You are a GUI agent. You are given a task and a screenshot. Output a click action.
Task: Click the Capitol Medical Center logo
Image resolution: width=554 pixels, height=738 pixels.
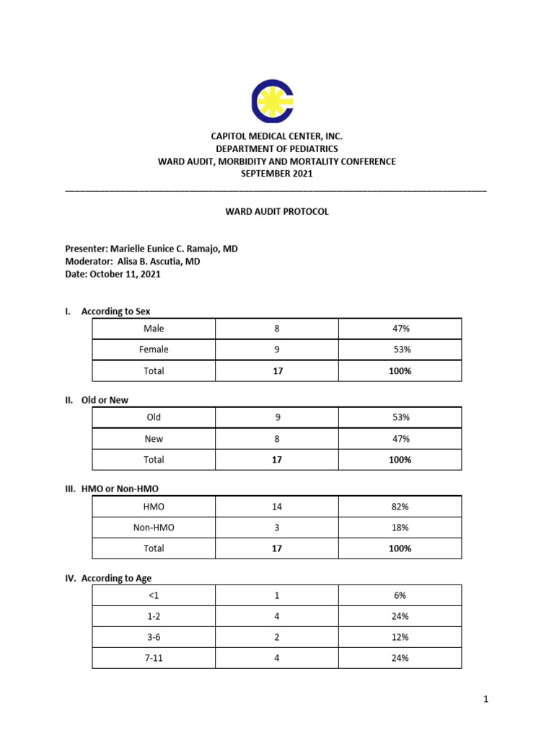tap(271, 101)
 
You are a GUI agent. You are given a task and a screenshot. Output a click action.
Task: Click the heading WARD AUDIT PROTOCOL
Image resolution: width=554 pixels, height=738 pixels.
tap(276, 212)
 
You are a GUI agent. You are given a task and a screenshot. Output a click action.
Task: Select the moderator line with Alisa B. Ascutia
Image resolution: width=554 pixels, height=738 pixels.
tap(133, 262)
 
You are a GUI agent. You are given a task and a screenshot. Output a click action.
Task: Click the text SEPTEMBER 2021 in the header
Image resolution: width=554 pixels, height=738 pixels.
tap(276, 174)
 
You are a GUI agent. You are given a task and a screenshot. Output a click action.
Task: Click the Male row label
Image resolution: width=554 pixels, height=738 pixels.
tap(154, 329)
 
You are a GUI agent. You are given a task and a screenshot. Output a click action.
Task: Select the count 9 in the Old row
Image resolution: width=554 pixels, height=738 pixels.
tap(276, 417)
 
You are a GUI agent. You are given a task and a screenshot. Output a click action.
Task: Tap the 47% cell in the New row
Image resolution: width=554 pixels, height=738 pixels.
tap(401, 439)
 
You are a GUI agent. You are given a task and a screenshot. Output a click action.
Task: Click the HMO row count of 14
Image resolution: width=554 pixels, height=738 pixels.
tap(276, 507)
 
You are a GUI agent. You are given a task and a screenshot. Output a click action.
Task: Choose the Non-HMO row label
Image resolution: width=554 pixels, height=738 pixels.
tap(154, 528)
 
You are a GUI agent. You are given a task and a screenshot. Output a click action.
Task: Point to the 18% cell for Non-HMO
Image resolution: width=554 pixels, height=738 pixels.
tap(401, 528)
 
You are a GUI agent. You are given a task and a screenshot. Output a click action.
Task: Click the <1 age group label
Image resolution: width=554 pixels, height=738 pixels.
tap(154, 595)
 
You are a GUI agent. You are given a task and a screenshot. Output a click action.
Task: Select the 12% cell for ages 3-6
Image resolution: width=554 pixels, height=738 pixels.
tap(401, 637)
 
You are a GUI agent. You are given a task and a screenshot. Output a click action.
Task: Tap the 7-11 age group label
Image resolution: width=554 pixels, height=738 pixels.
tap(154, 658)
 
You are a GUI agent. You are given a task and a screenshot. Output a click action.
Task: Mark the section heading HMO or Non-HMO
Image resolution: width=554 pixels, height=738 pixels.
tap(120, 489)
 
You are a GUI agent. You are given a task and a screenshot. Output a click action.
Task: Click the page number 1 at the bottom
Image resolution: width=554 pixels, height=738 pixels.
tap(486, 699)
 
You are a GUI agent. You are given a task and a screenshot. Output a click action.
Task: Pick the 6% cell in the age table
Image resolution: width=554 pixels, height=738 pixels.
tap(401, 595)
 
